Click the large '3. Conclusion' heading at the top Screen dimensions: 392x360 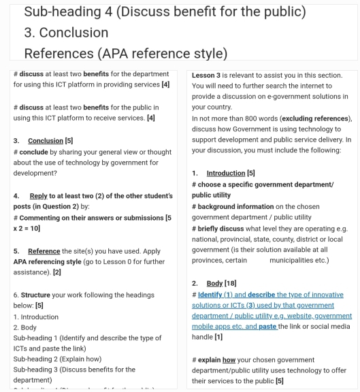[65, 33]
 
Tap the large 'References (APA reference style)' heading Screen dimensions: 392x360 [125, 53]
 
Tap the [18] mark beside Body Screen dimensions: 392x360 [236, 282]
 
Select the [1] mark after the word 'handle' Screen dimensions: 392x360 [218, 337]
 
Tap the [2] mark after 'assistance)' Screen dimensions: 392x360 [57, 272]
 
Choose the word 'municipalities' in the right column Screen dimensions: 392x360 [299, 260]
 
